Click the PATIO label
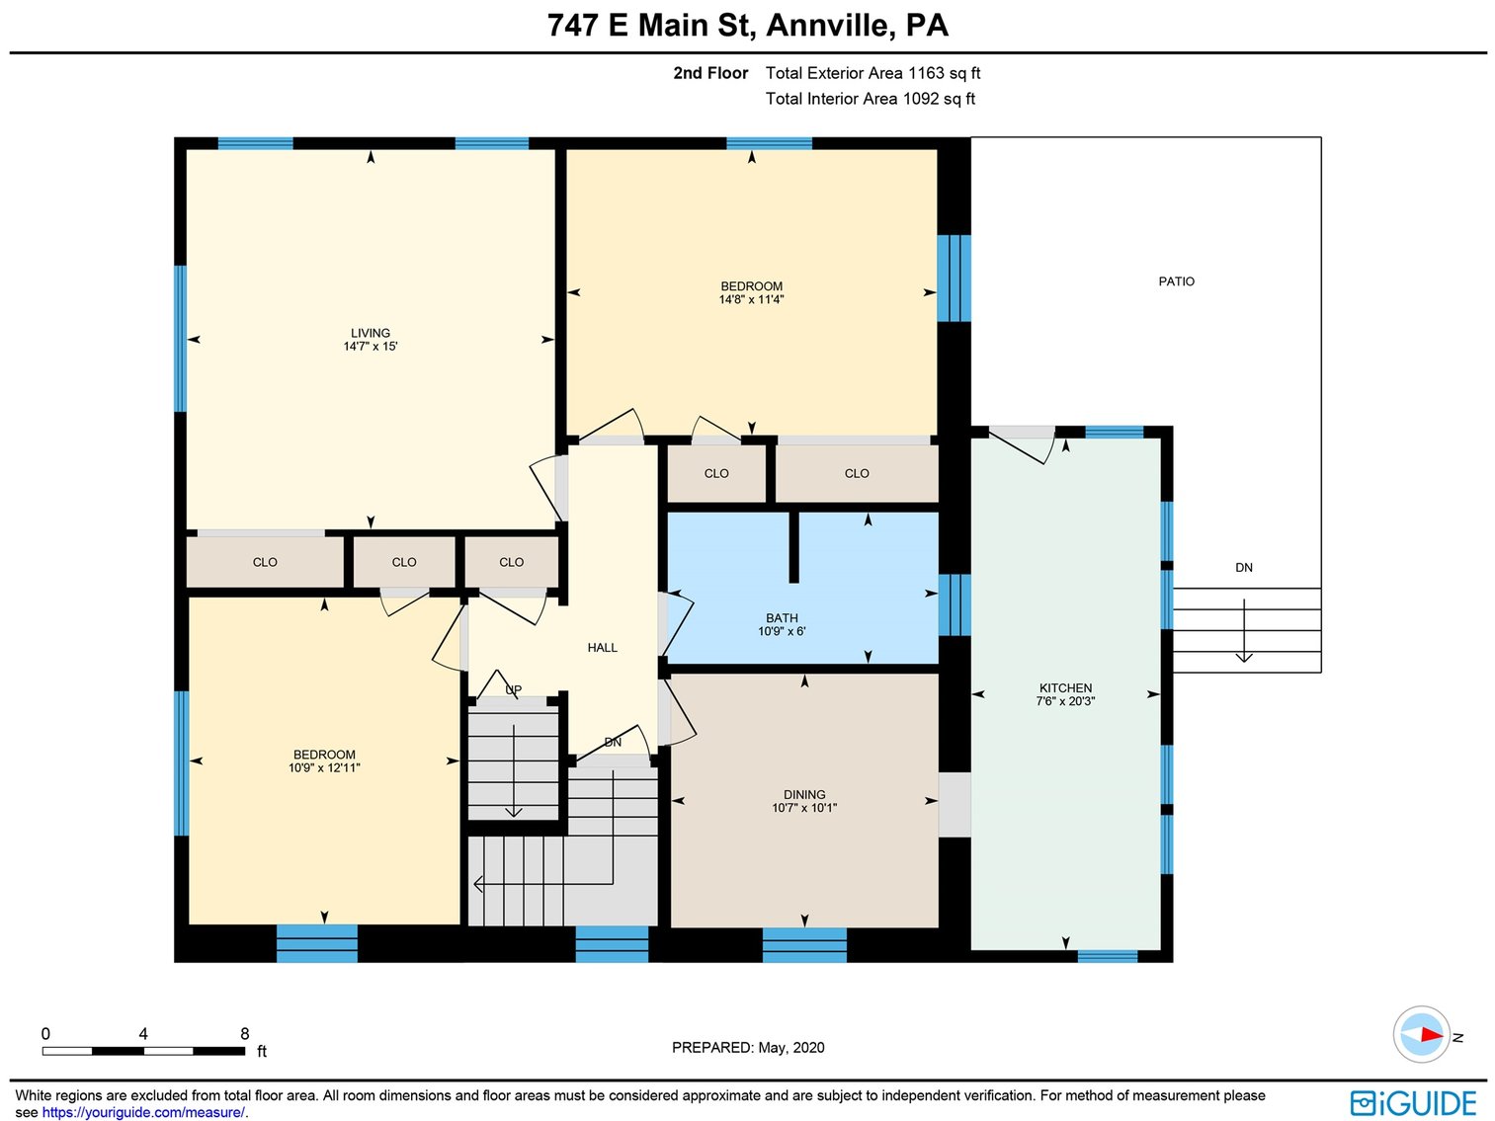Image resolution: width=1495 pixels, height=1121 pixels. point(1176,281)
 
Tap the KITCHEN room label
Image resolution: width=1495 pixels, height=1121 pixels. point(1065,687)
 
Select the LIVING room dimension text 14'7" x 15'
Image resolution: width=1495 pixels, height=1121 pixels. point(371,347)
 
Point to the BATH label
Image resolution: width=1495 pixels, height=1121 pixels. point(782,618)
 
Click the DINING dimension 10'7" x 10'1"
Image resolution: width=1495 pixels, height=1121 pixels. point(804,808)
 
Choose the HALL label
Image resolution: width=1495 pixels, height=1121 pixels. point(602,648)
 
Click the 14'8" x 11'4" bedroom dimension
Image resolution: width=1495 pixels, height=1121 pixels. point(751,300)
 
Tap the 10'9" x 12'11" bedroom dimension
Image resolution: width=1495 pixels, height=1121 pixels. point(324,767)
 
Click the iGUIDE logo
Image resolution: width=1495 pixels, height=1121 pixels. point(1413,1102)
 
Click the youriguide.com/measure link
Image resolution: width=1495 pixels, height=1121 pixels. point(142,1112)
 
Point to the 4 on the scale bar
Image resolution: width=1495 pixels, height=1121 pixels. point(143,1034)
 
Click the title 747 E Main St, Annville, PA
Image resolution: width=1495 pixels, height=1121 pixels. point(747,25)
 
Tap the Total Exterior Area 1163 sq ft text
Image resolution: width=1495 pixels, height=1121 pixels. point(872,73)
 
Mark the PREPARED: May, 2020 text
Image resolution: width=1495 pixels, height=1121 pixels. point(748,1047)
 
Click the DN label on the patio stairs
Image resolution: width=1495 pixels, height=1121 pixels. point(1243,568)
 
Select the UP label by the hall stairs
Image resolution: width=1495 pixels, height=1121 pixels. point(513,690)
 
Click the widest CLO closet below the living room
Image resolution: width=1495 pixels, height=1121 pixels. point(265,562)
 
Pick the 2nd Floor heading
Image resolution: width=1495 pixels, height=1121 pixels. point(710,73)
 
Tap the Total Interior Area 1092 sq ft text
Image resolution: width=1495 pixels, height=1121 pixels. point(870,99)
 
